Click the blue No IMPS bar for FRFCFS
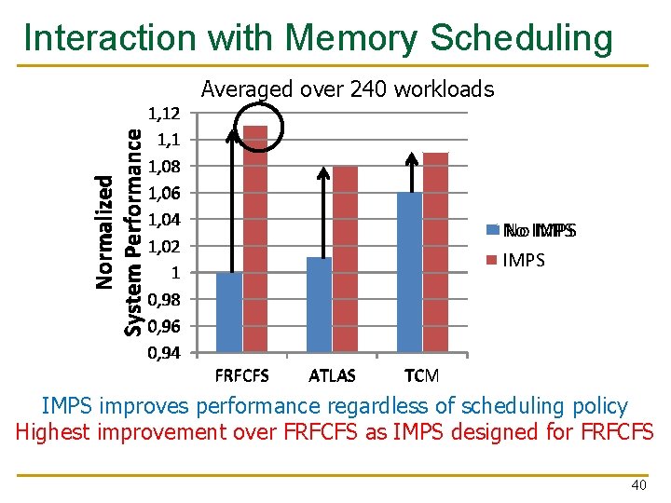click(229, 313)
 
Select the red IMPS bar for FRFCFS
click(255, 239)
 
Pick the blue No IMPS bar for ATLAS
click(319, 306)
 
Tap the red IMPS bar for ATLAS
click(345, 260)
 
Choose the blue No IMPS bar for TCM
click(409, 273)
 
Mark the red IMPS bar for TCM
click(435, 252)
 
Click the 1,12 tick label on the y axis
click(165, 113)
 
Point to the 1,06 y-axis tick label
click(165, 193)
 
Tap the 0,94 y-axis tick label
click(165, 353)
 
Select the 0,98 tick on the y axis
click(165, 300)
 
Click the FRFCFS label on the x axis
click(242, 376)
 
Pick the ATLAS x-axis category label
click(332, 376)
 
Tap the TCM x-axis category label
click(421, 376)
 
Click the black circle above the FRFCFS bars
click(260, 116)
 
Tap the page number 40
click(639, 485)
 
